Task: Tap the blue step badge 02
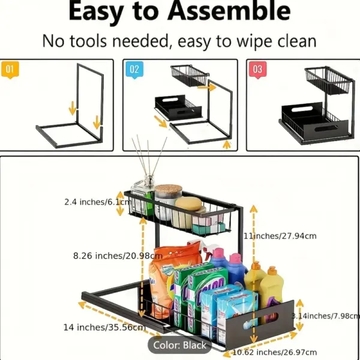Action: [x=134, y=69]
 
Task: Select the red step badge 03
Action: [x=257, y=69]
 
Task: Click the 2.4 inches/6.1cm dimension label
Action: [x=97, y=202]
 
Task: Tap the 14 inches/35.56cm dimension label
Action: [x=104, y=327]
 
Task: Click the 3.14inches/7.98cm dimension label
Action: [x=325, y=315]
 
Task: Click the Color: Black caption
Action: [x=179, y=345]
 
